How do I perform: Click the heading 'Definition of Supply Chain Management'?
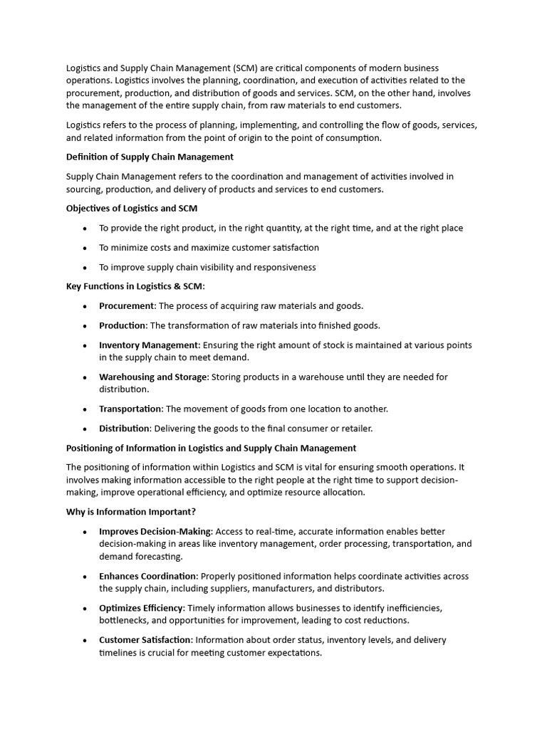tap(150, 157)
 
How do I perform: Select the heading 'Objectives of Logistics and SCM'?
tap(132, 209)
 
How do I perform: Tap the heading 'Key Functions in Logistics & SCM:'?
tap(135, 286)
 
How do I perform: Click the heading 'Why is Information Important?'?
tap(130, 512)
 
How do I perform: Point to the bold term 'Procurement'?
tap(126, 306)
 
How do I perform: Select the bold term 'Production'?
tap(123, 325)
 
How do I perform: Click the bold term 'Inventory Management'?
tap(149, 345)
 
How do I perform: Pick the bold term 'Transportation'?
tap(130, 409)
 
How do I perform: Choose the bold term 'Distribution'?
tap(124, 429)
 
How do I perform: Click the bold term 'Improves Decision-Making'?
tap(155, 532)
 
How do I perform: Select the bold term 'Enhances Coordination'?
tap(148, 577)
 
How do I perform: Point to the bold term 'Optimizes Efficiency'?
tap(142, 608)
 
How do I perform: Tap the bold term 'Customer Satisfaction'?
tap(145, 640)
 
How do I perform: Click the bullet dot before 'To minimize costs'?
tap(85, 248)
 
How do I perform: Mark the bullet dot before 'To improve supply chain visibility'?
tap(85, 268)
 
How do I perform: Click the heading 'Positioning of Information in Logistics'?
tap(211, 449)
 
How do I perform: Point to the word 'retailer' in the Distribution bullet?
tap(355, 429)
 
